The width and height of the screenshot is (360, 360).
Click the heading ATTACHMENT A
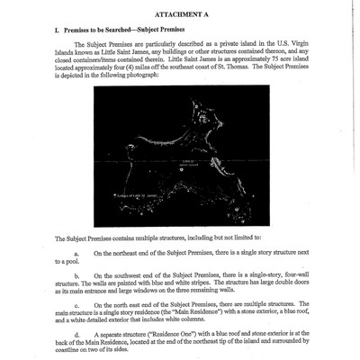pos(181,14)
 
